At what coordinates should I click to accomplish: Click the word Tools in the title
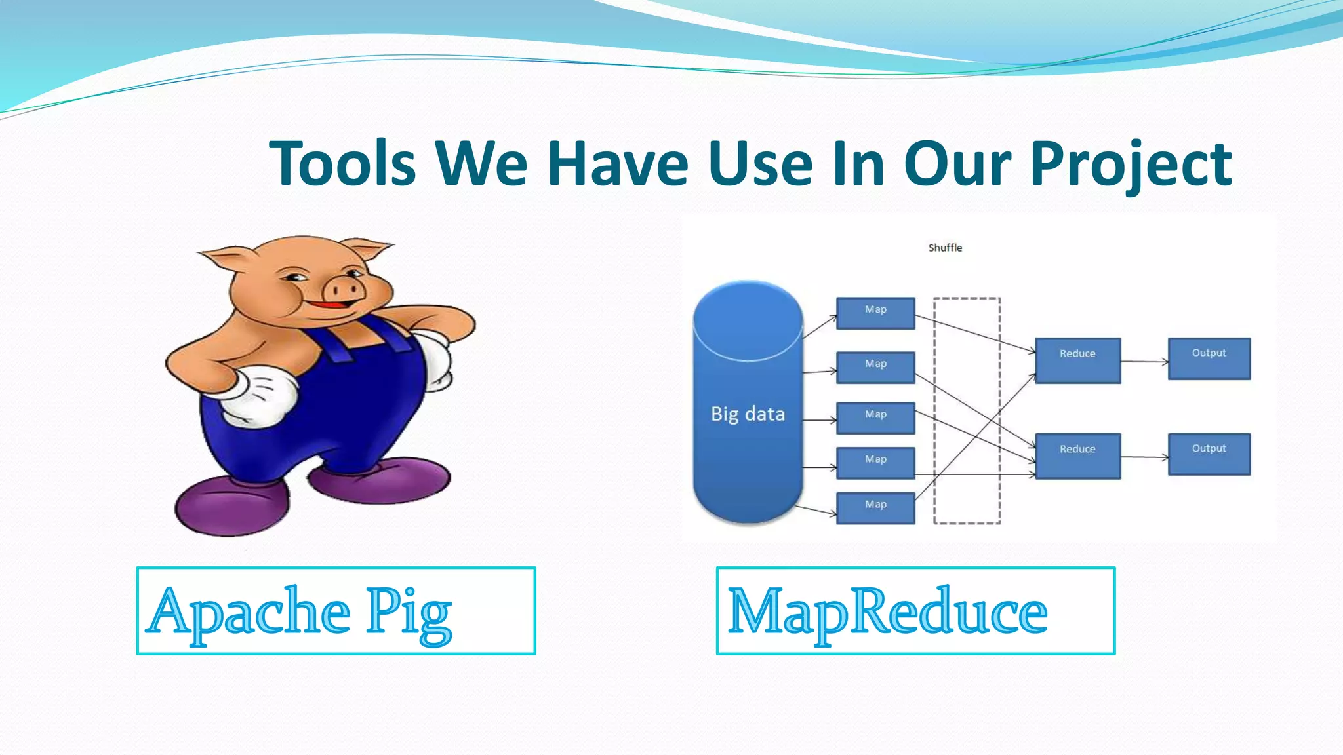342,164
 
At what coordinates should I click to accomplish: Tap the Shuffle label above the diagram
945,248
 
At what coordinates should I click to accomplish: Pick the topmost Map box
875,313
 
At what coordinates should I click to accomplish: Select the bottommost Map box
875,507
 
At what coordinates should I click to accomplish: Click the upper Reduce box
1077,360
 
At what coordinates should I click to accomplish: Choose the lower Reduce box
1077,455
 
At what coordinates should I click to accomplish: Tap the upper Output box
1209,358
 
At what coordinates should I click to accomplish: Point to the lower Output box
1209,454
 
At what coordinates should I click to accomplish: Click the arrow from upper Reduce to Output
1144,361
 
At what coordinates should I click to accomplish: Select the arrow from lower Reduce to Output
1144,457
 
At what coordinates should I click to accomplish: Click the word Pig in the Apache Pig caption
409,612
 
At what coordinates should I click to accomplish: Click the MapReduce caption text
887,612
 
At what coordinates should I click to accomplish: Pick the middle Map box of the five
875,417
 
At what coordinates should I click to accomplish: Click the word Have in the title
618,164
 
